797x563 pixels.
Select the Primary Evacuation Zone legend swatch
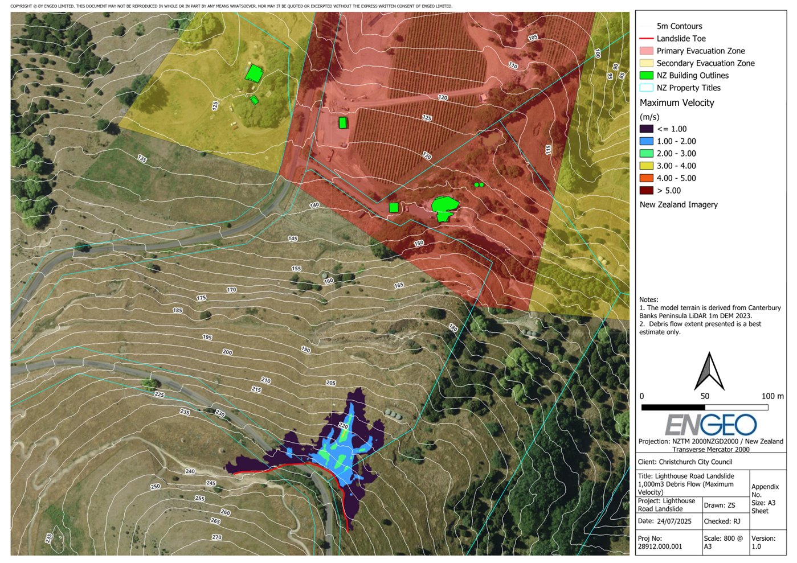coord(646,51)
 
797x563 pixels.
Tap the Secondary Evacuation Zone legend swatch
coord(646,63)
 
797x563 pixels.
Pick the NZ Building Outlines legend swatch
coord(646,76)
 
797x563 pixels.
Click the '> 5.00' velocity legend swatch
coord(646,191)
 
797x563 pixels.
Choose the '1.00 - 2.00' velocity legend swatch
coord(646,141)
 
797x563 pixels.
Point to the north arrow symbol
coord(709,371)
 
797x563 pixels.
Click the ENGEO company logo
coord(710,425)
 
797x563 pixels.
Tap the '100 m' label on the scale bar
coord(772,396)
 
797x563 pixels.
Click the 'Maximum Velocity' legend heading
coord(676,103)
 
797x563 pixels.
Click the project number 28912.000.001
coord(660,546)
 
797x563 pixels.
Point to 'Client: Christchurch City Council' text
coord(685,462)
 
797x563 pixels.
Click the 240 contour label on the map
coord(190,471)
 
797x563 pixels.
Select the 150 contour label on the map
coord(419,243)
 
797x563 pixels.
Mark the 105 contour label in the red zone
coord(533,38)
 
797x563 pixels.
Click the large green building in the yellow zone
coord(254,73)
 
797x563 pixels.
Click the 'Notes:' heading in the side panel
coord(648,299)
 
